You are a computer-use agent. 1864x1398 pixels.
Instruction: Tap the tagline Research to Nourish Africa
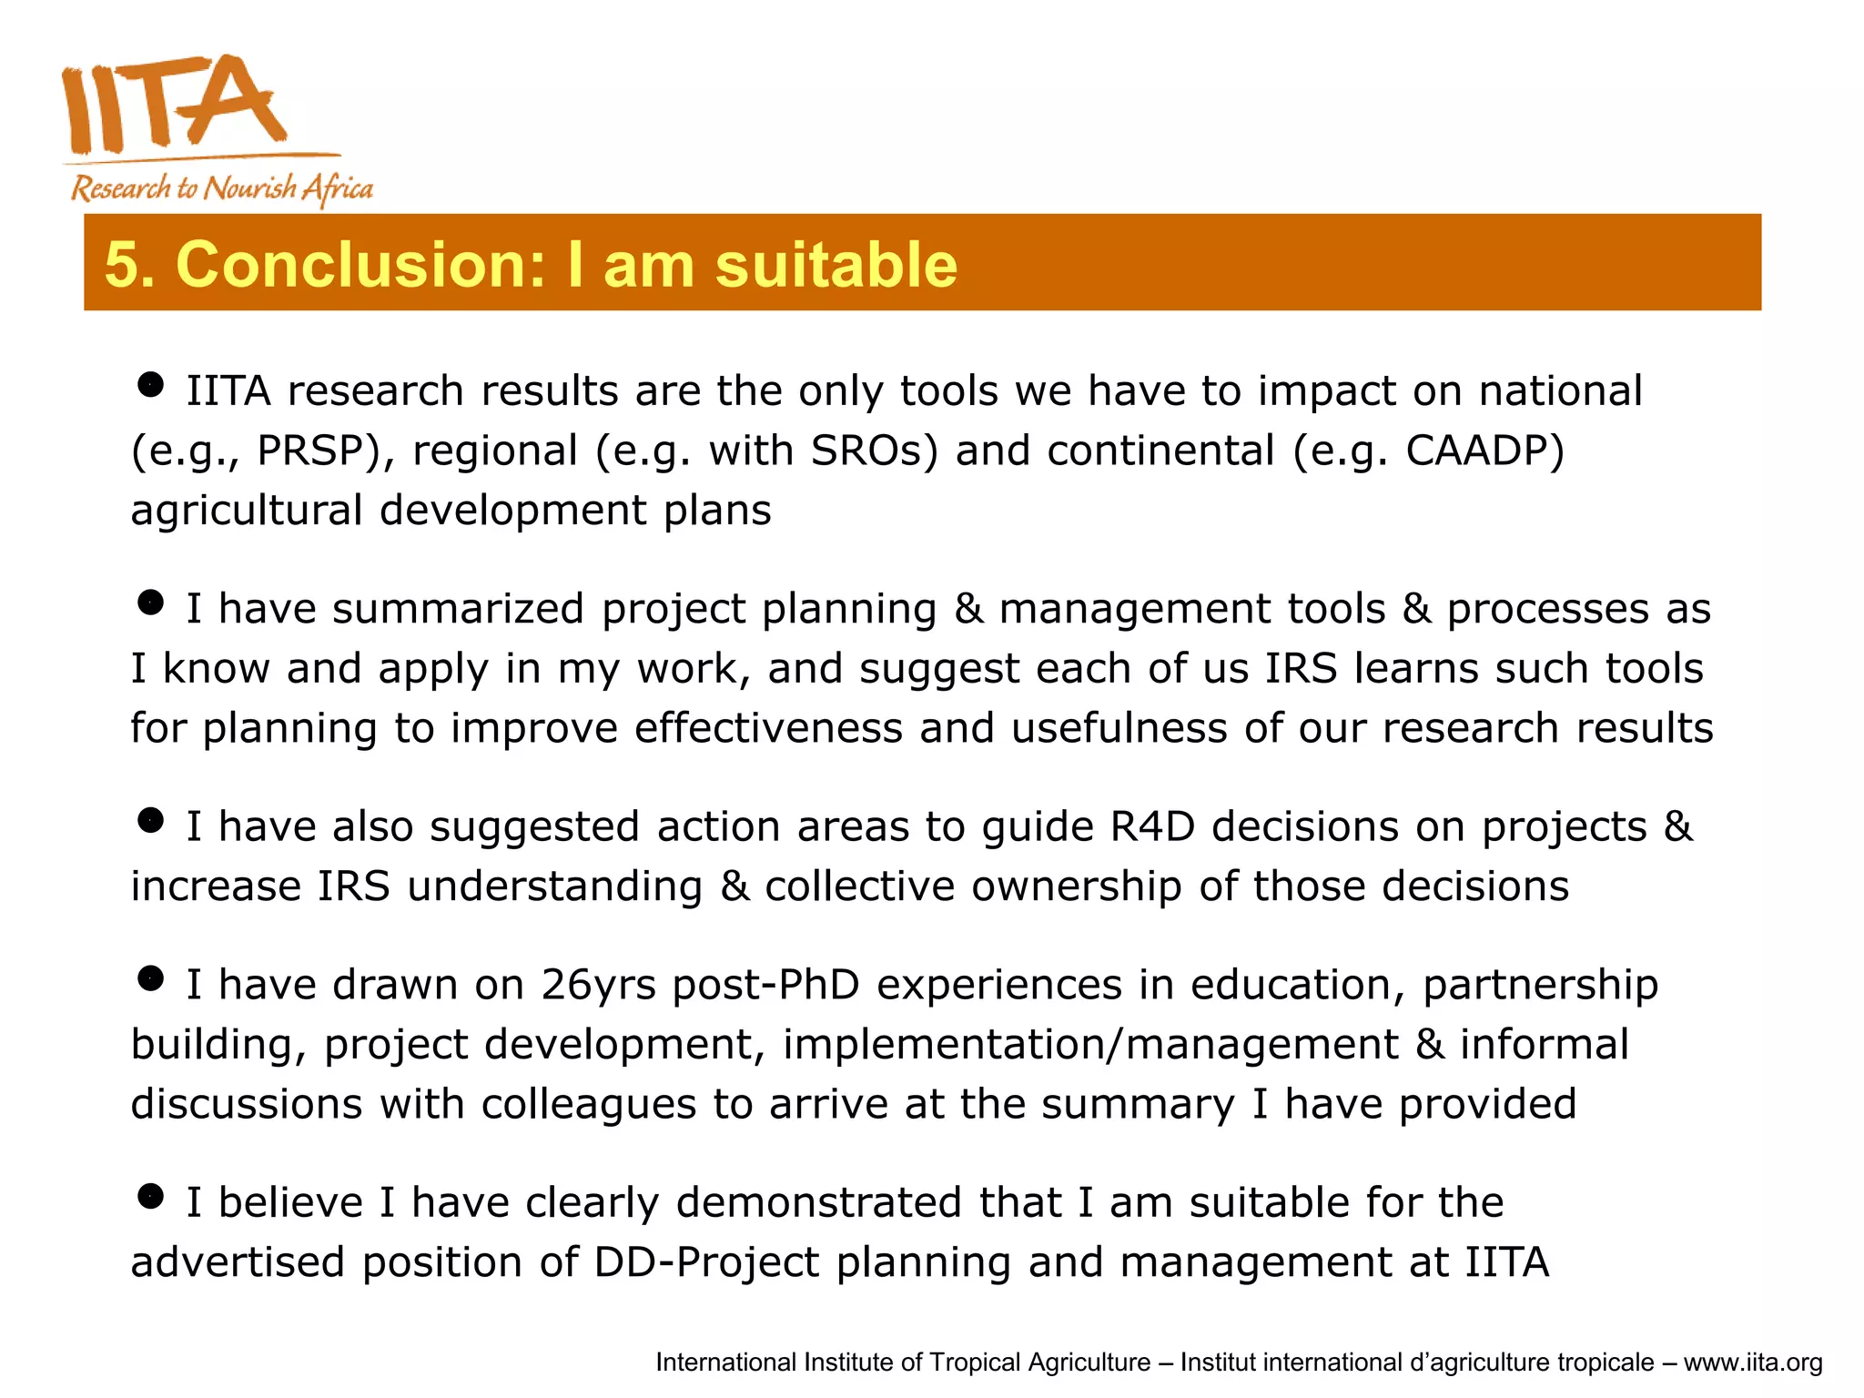point(222,188)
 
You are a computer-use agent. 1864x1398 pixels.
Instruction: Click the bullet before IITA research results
point(150,384)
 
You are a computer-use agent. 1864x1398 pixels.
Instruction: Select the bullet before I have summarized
point(150,603)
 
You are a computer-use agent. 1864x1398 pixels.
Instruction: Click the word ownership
point(1076,886)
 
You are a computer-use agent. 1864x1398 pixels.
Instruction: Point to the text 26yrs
point(598,985)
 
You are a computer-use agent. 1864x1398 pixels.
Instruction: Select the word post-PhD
point(766,985)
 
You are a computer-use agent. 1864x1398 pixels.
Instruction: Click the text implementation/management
point(1090,1045)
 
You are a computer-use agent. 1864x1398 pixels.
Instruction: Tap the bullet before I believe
point(150,1196)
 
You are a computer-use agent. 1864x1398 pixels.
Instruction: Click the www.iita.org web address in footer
point(1752,1363)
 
